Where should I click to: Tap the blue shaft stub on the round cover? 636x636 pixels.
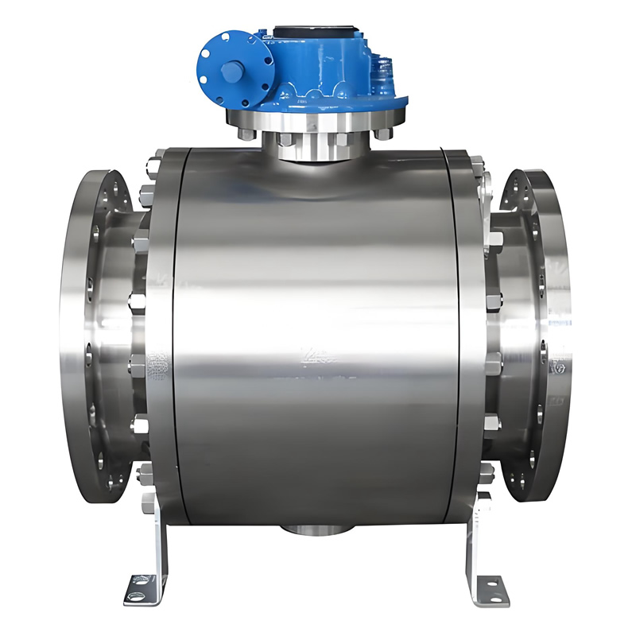pos(230,72)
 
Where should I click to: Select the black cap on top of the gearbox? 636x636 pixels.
pos(312,33)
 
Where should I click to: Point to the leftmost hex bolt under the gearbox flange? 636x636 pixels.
pos(246,134)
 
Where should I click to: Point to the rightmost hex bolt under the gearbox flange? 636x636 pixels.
pos(383,134)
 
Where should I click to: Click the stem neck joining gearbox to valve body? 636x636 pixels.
pos(318,151)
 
